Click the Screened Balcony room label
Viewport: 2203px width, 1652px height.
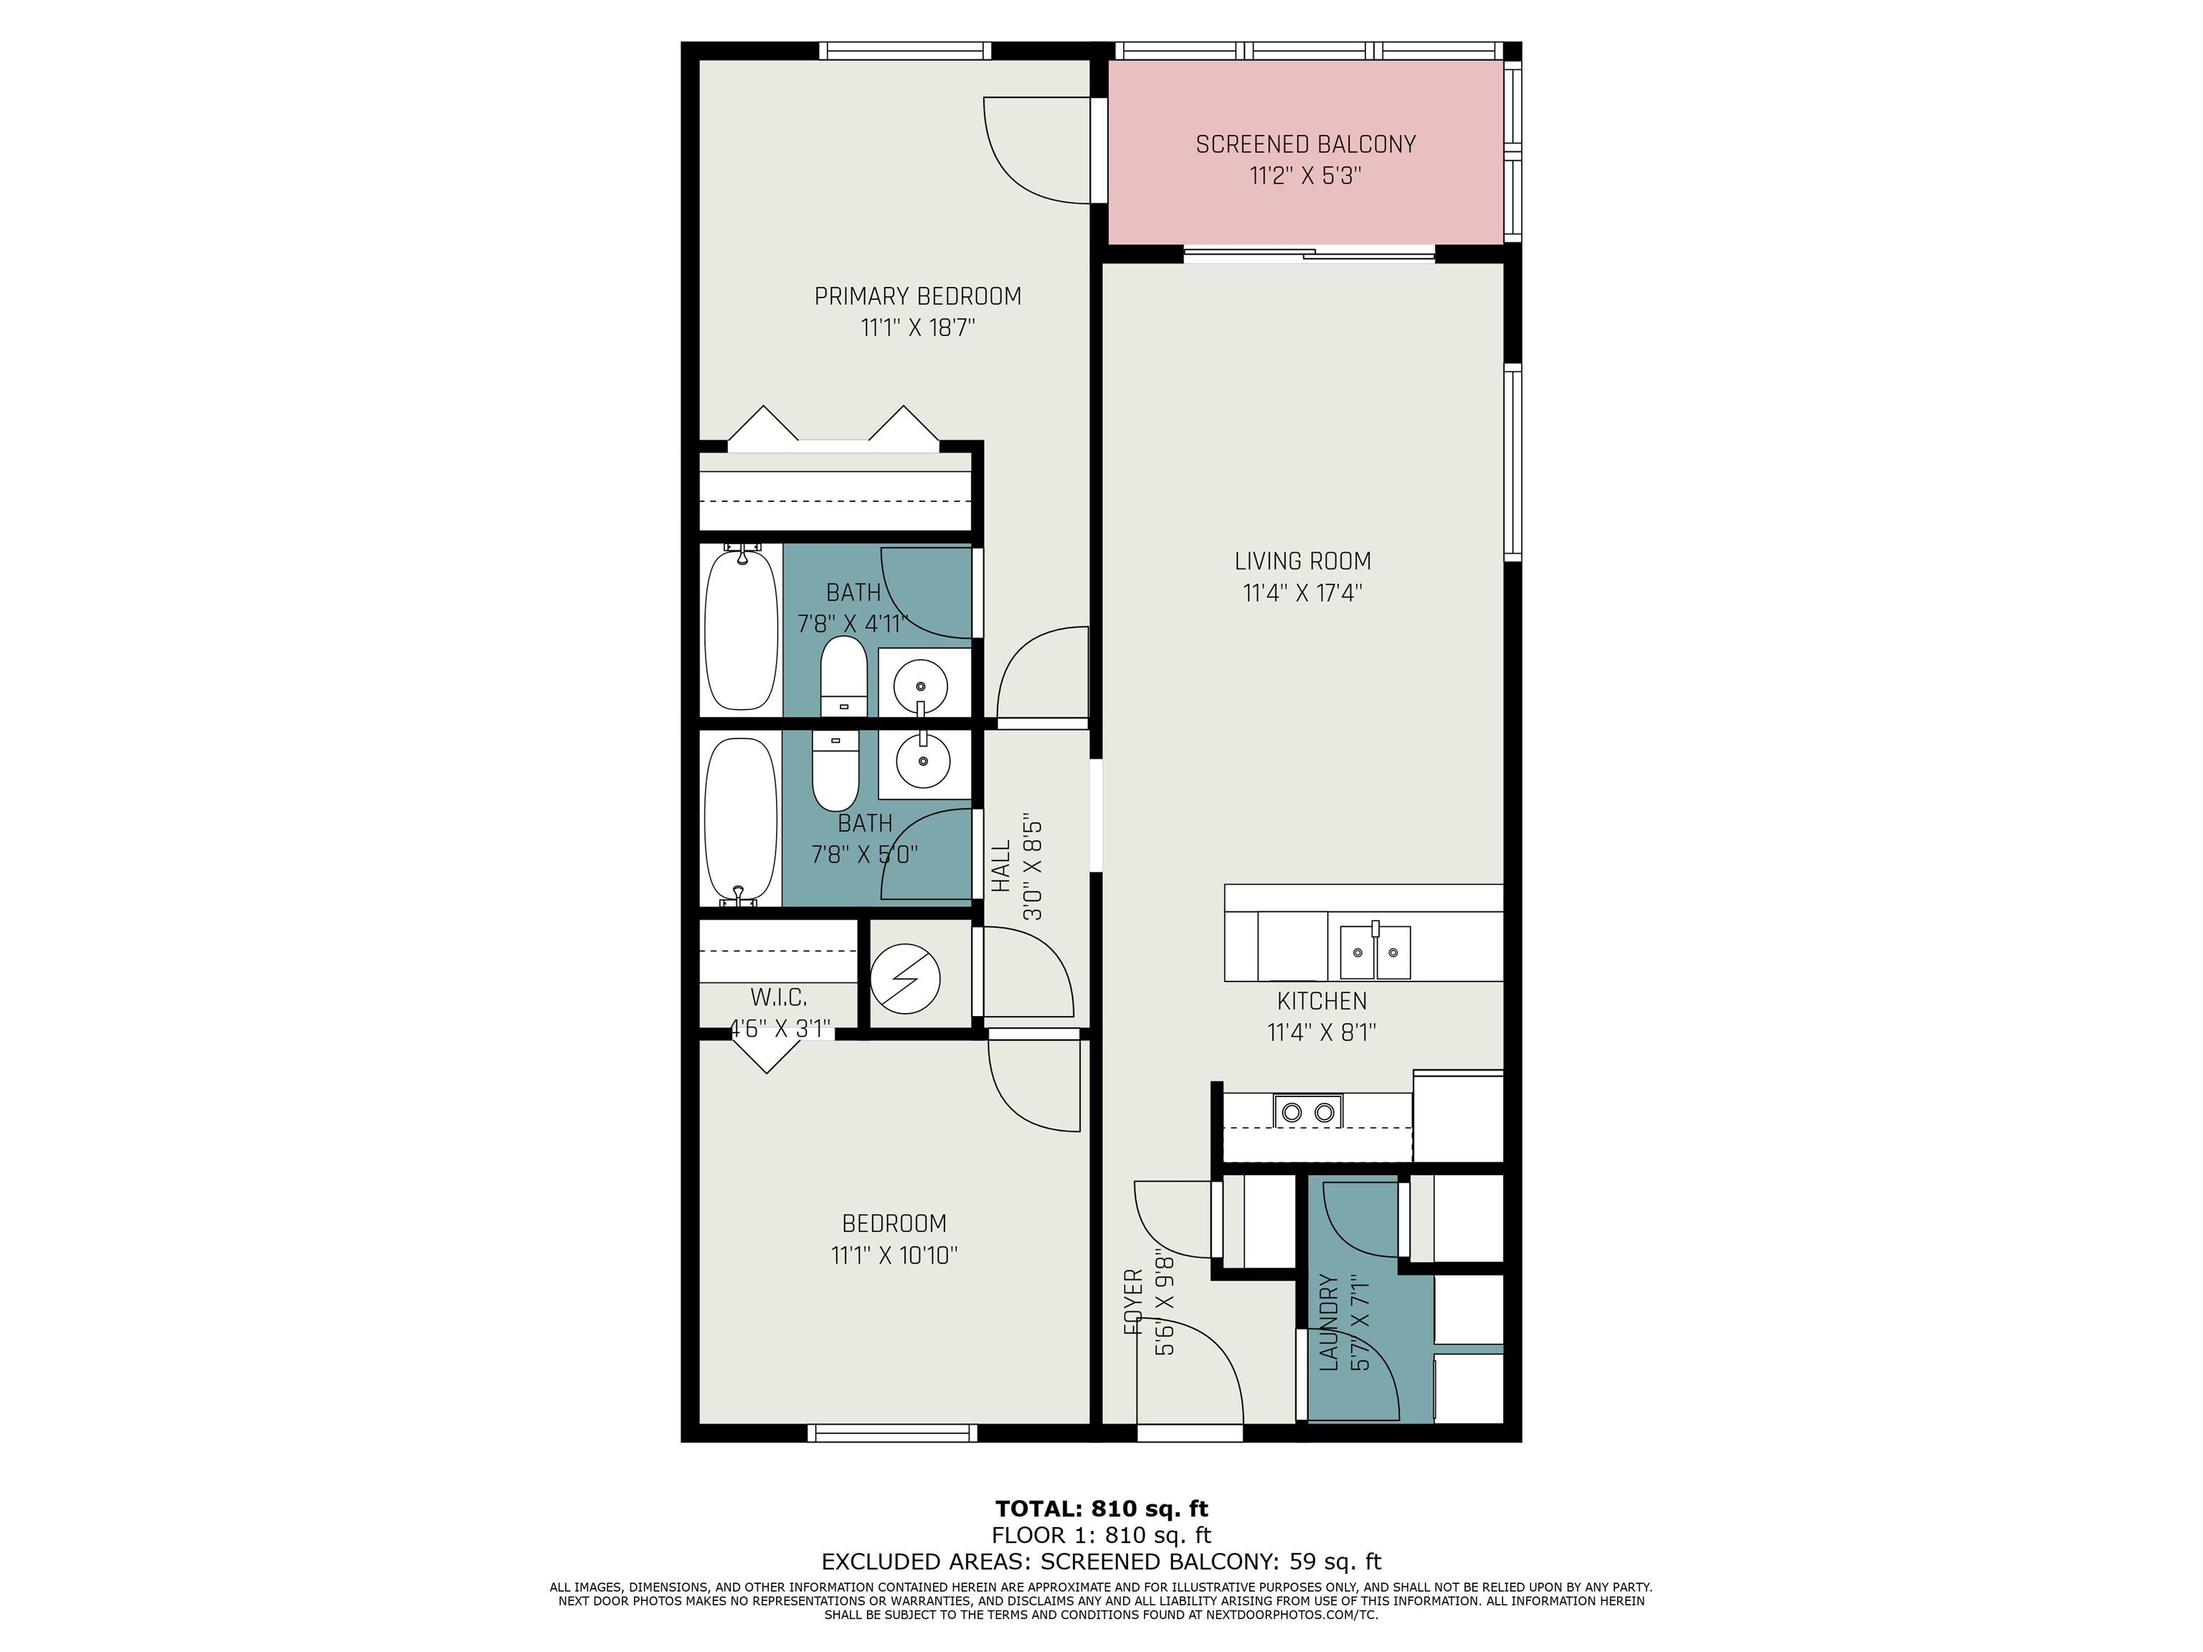click(x=1306, y=144)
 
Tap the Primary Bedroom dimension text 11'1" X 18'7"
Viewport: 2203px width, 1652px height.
click(x=917, y=328)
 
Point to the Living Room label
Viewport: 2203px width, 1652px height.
click(x=1303, y=561)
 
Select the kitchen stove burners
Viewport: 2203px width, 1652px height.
click(x=1307, y=1111)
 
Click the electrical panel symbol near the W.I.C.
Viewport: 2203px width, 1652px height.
click(x=905, y=978)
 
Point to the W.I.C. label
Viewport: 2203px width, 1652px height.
click(x=779, y=997)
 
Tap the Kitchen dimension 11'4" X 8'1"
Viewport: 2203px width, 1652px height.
click(x=1322, y=1032)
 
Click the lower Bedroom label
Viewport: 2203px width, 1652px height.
click(x=894, y=1223)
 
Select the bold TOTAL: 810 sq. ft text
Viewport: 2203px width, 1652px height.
click(x=1101, y=1509)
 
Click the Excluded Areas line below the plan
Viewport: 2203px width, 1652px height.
click(x=1101, y=1562)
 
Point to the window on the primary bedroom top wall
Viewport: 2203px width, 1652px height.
click(x=905, y=51)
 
